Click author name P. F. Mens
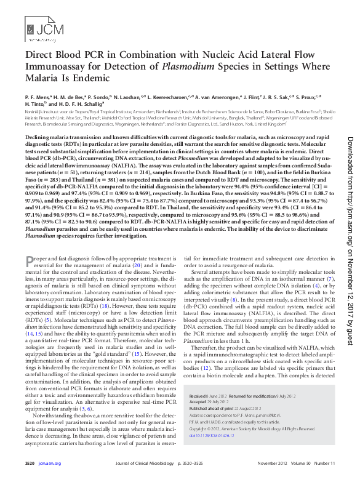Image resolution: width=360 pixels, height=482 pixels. [38, 97]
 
